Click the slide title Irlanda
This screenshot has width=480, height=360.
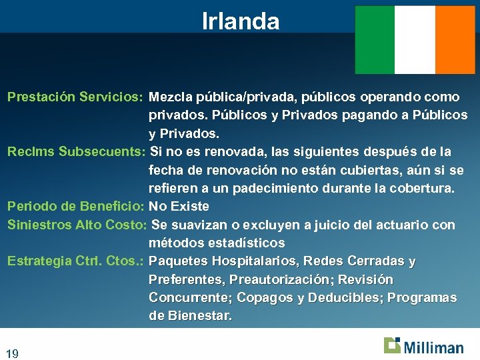241,21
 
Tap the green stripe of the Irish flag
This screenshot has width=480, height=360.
375,40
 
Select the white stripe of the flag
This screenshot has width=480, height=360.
414,40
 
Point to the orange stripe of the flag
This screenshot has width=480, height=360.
454,40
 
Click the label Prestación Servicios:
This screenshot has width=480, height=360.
75,97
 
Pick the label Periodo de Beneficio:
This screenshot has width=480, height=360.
75,207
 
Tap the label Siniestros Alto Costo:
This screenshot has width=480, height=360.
77,225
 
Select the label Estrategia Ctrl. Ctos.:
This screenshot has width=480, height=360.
75,261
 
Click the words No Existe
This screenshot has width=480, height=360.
179,207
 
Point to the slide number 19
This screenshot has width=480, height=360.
12,353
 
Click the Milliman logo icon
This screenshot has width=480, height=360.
392,345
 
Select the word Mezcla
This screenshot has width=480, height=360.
171,97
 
